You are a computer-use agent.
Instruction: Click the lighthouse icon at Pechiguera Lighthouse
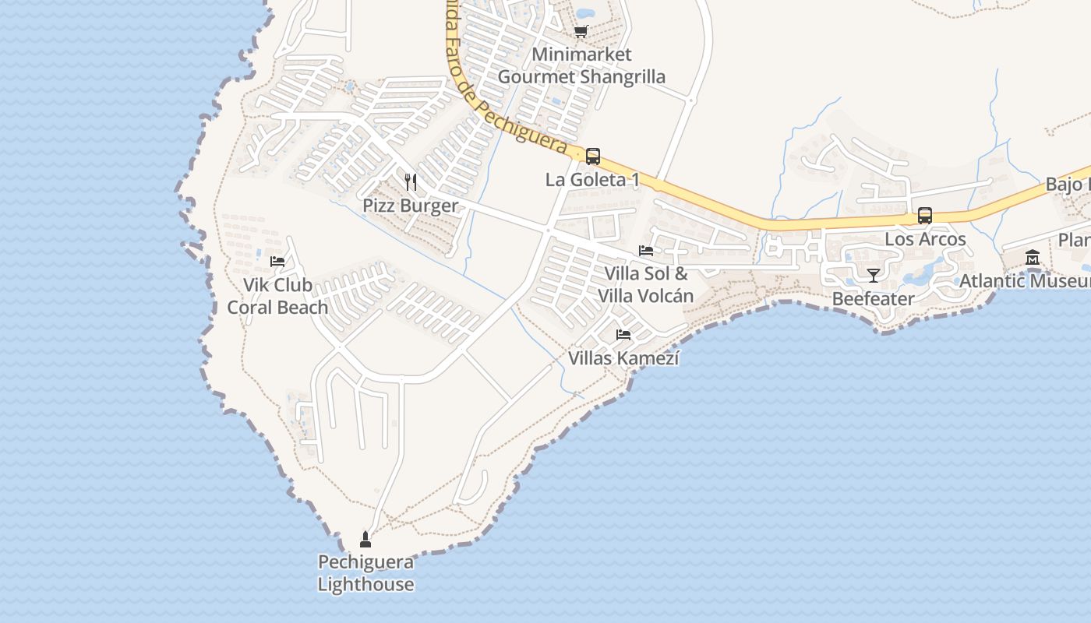(x=365, y=539)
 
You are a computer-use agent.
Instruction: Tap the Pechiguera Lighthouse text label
(x=365, y=573)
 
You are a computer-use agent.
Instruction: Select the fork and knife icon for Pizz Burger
(x=411, y=182)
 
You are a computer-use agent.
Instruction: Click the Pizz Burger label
(x=411, y=206)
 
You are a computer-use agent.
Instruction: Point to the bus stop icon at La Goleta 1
(x=593, y=157)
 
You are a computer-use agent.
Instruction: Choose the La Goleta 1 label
(x=592, y=180)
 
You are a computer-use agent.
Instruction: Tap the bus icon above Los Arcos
(x=925, y=216)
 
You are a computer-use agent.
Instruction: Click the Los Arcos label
(x=925, y=239)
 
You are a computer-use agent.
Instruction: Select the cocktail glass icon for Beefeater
(x=874, y=276)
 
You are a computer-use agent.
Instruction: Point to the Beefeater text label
(x=873, y=299)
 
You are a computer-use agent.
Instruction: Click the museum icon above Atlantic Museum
(x=1033, y=257)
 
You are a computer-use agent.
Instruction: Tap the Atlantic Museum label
(x=1024, y=281)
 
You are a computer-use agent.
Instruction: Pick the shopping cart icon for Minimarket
(x=581, y=31)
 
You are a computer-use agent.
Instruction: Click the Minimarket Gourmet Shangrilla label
(x=581, y=65)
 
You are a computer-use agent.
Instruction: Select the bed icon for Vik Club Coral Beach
(x=277, y=262)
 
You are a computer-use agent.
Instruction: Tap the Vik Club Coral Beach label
(x=277, y=296)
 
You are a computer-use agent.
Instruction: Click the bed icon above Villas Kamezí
(x=623, y=335)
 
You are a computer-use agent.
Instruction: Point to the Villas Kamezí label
(x=623, y=358)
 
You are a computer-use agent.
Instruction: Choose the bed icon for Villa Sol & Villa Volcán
(x=646, y=251)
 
